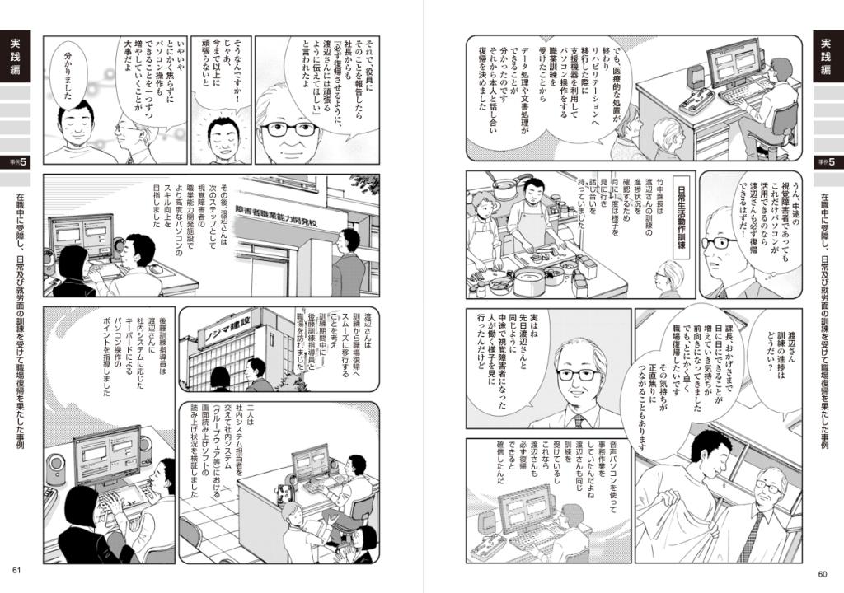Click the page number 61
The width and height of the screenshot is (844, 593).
pos(16,572)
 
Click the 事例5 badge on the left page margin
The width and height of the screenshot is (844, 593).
pos(16,160)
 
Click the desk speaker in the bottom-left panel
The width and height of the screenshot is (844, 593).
pos(54,469)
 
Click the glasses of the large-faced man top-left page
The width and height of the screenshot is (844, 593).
pos(289,129)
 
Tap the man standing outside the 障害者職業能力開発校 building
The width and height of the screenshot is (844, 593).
pos(349,264)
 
